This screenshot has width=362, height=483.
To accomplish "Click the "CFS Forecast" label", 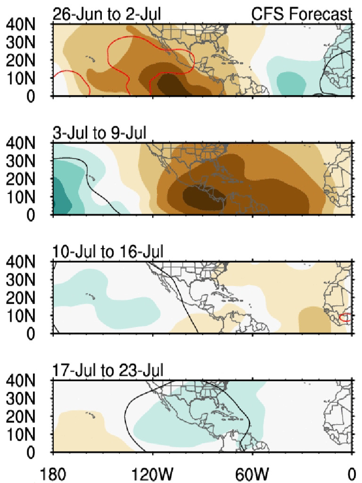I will [x=302, y=14].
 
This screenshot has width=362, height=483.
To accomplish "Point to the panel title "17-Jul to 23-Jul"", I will [x=108, y=371].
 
